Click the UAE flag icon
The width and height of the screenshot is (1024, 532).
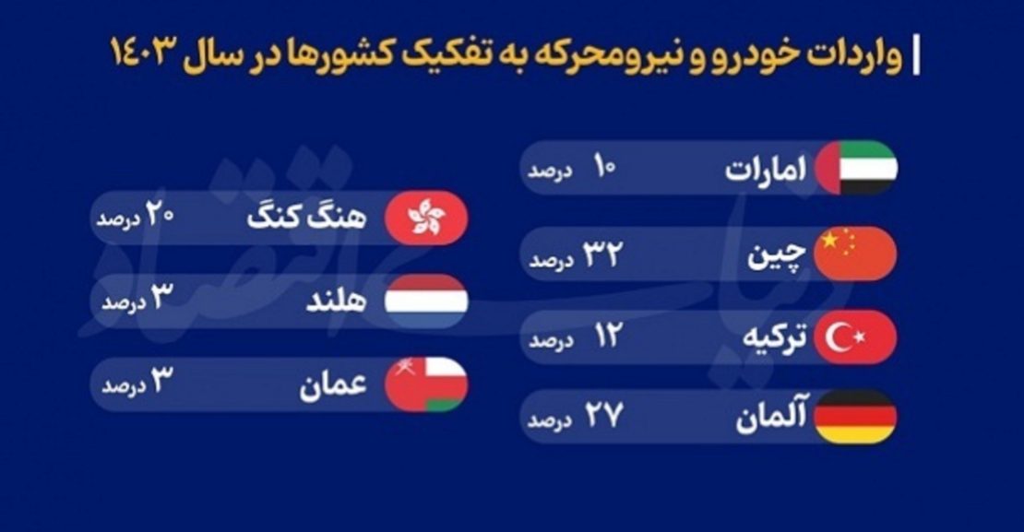click(856, 168)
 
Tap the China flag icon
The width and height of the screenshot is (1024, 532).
click(855, 254)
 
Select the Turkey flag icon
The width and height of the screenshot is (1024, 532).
click(855, 337)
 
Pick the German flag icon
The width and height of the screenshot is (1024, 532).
click(855, 417)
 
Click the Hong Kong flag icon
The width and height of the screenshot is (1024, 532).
click(426, 218)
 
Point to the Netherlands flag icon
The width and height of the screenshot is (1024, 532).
click(426, 301)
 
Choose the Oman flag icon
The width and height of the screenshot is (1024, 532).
click(426, 384)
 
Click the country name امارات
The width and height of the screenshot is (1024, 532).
click(766, 169)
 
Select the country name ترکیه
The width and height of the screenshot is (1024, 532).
click(775, 338)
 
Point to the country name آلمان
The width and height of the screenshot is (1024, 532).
click(771, 417)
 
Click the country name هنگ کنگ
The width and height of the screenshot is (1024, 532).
click(306, 217)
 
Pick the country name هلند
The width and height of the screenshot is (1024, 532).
click(336, 301)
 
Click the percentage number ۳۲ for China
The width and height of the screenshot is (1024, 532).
click(602, 254)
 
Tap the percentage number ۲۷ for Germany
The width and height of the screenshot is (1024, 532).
click(603, 416)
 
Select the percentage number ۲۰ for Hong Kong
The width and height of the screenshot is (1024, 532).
click(159, 215)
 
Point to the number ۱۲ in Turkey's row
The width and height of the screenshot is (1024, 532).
click(607, 336)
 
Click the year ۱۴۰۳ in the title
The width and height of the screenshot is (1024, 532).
click(144, 53)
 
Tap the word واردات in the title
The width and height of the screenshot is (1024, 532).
click(855, 54)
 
